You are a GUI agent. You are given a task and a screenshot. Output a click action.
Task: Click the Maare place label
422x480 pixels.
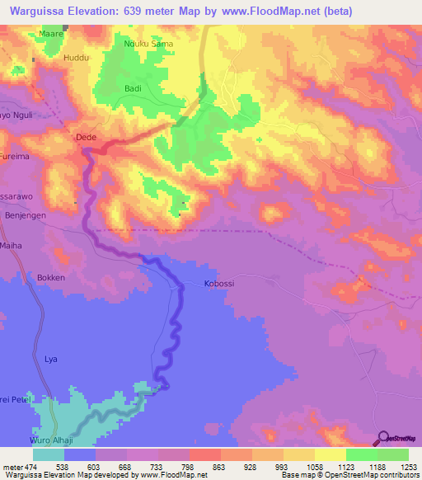pos(51,34)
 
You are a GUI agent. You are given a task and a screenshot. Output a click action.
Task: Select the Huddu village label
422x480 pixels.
pos(75,59)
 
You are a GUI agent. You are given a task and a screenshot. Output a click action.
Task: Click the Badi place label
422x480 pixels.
pos(133,88)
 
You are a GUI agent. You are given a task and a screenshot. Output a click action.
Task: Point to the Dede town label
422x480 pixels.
pos(86,138)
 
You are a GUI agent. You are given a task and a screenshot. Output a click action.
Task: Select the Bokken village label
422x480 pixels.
pos(50,278)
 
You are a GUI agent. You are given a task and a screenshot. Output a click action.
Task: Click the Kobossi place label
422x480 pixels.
pos(220,284)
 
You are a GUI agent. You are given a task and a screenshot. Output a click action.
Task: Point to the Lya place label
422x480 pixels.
pos(51,360)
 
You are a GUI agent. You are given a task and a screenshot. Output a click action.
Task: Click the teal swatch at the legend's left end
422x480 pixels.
pos(48,454)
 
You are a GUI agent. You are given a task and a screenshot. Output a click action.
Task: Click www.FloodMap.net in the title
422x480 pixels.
pos(266,12)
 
